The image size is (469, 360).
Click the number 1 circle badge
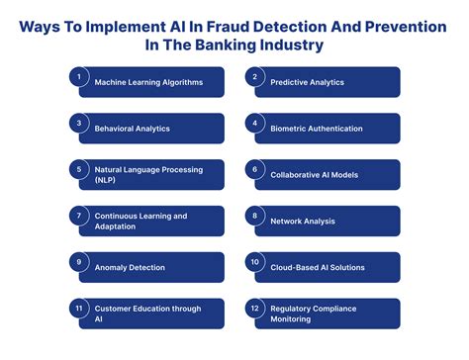[79, 75]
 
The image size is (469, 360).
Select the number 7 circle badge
[79, 215]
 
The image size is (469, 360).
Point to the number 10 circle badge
[255, 261]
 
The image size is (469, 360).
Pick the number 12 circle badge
[255, 308]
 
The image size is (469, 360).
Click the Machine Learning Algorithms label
[148, 82]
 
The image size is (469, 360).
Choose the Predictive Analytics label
[315, 82]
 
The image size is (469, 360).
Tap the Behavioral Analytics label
[132, 129]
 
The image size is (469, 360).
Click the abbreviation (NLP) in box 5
[107, 181]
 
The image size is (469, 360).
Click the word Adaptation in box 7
[117, 227]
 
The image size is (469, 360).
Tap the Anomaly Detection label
[130, 267]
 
